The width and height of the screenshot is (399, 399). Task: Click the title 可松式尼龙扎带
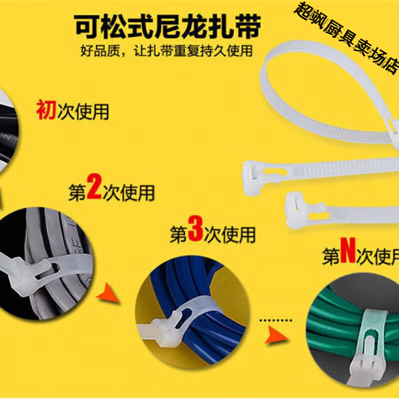tap(167, 26)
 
